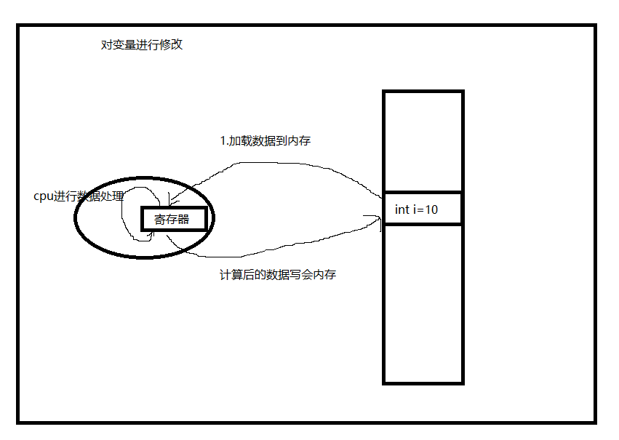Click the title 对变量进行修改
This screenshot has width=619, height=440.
141,45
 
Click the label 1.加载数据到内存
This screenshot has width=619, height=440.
265,141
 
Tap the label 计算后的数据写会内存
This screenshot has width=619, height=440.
277,276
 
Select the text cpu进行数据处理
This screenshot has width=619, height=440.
79,196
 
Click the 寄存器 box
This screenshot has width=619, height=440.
174,219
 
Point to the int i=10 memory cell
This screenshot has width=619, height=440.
423,209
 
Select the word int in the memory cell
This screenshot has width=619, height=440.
402,209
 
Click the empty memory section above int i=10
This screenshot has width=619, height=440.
423,142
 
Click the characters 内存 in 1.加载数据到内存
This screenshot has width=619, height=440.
299,141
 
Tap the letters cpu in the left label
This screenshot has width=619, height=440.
43,196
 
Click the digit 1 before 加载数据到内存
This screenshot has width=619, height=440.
223,141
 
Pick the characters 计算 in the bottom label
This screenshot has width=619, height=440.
231,276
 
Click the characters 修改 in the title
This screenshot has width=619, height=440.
172,45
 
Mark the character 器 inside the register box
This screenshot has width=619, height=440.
184,219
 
